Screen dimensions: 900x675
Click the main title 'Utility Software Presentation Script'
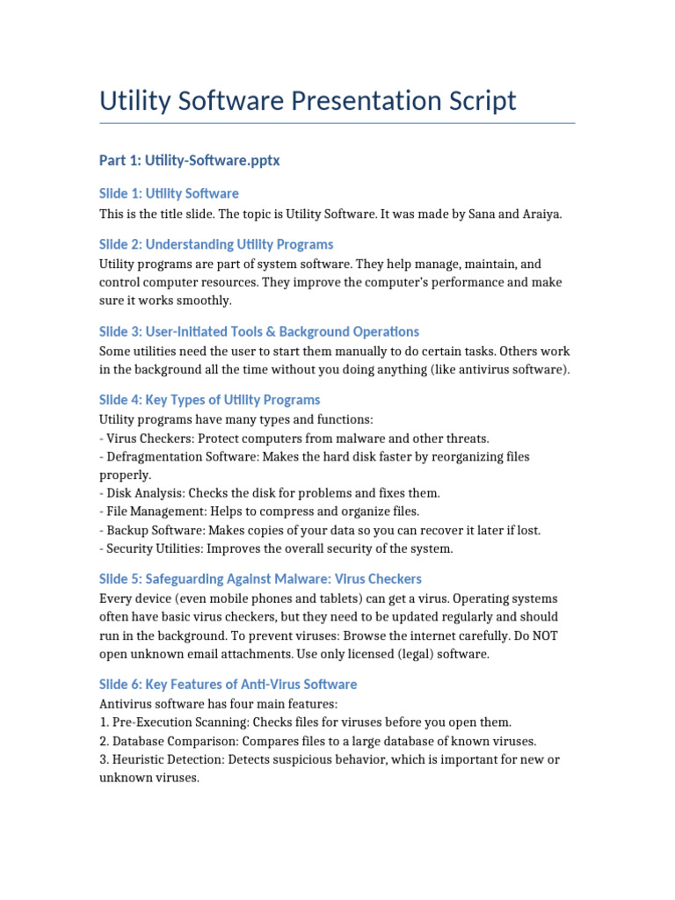click(x=308, y=101)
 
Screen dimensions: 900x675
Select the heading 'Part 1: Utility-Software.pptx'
click(x=189, y=161)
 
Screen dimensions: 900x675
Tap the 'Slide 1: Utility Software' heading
click(x=169, y=193)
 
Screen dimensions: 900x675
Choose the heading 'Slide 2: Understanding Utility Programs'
click(x=216, y=244)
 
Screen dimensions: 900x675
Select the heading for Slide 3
click(x=259, y=331)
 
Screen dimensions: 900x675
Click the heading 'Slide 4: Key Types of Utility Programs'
click(x=210, y=400)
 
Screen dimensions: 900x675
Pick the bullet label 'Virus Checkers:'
click(x=149, y=438)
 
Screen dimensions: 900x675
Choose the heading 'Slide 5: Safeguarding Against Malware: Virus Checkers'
click(x=260, y=579)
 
